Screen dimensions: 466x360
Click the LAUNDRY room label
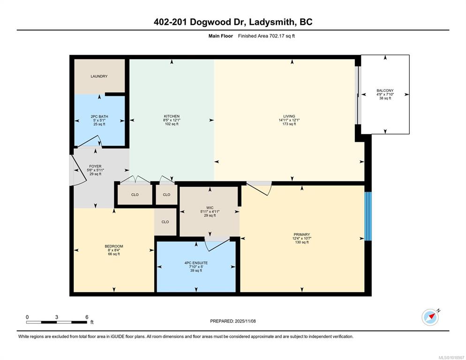tap(99, 76)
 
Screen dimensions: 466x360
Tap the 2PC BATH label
tap(99, 117)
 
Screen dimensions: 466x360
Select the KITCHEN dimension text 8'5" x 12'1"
tap(172, 120)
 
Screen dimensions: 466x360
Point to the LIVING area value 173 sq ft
tap(289, 124)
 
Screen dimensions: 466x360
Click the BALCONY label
tap(385, 90)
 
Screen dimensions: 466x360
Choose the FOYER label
tap(95, 166)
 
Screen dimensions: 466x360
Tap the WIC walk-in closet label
tap(210, 208)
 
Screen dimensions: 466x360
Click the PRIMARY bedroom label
tap(301, 234)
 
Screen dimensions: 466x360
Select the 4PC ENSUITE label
tap(196, 263)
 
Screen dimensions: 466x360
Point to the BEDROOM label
tap(114, 247)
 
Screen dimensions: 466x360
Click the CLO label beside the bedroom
tap(165, 222)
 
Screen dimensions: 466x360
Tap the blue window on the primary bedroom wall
tap(368, 216)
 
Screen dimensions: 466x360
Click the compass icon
tap(430, 317)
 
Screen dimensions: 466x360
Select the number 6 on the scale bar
tap(87, 317)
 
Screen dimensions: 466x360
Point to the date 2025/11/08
tap(245, 321)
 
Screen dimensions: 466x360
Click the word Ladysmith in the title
tap(271, 22)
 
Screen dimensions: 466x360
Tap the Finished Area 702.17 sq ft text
tap(266, 36)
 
